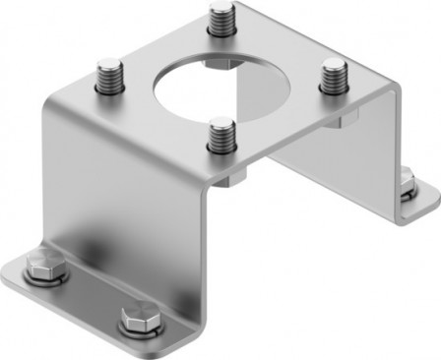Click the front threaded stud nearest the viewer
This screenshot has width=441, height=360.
223,133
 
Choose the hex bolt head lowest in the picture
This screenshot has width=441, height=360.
132,319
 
